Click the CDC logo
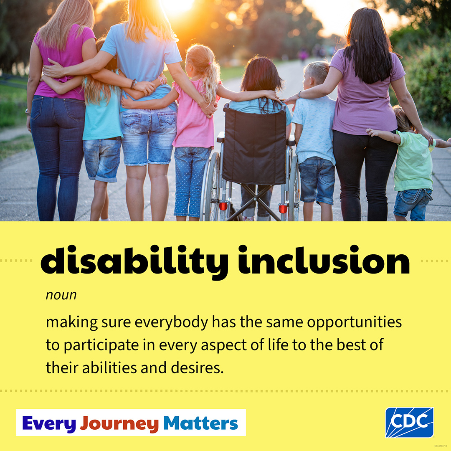[409, 422]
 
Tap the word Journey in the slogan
[119, 423]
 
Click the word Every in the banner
[49, 423]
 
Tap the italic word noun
[61, 295]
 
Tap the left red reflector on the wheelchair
[223, 206]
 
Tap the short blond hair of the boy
[317, 71]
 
